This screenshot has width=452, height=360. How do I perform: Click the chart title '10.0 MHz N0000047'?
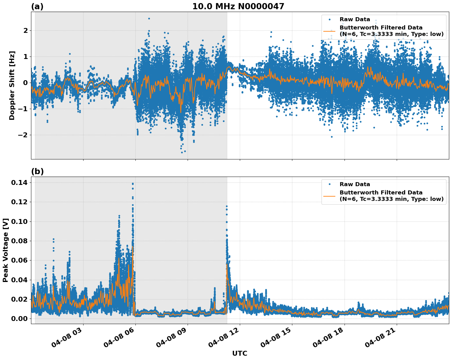tap(238, 6)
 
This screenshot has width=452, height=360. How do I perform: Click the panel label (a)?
tap(37, 7)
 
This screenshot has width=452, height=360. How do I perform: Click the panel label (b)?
tap(37, 172)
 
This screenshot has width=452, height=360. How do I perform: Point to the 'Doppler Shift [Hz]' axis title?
tap(12, 86)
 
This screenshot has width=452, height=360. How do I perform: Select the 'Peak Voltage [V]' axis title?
tap(5, 250)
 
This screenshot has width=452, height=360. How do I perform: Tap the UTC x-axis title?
tap(240, 354)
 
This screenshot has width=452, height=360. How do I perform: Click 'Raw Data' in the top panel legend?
tap(355, 20)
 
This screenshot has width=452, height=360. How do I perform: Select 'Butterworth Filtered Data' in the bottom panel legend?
tap(381, 193)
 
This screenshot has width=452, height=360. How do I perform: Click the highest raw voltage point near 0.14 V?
tap(133, 184)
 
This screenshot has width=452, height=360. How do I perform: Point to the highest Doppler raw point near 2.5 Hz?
tap(149, 18)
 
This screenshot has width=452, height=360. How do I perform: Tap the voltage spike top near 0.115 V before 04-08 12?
tap(227, 206)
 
